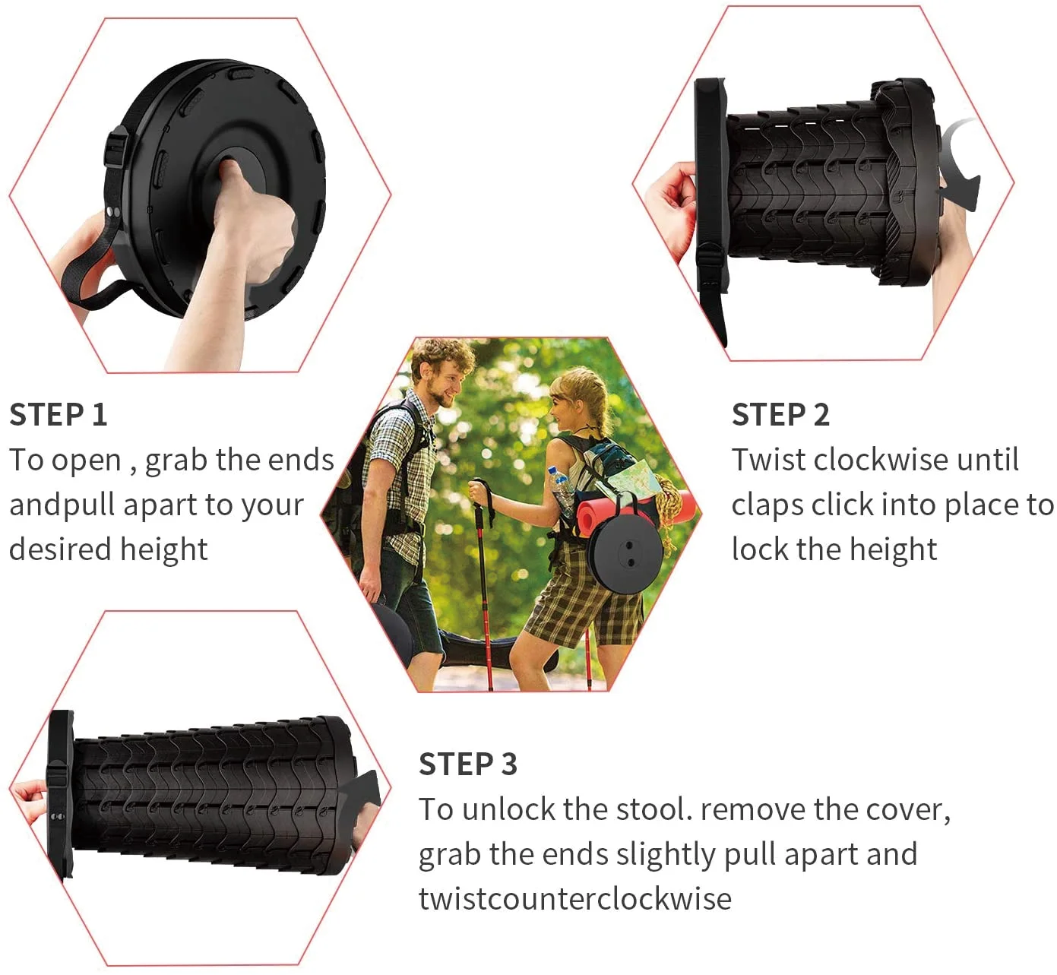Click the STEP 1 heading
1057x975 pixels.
point(58,415)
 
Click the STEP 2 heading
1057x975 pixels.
point(780,415)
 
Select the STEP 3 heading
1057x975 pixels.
point(467,764)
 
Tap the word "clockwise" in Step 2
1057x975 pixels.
point(881,460)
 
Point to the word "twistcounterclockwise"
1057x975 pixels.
point(574,899)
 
